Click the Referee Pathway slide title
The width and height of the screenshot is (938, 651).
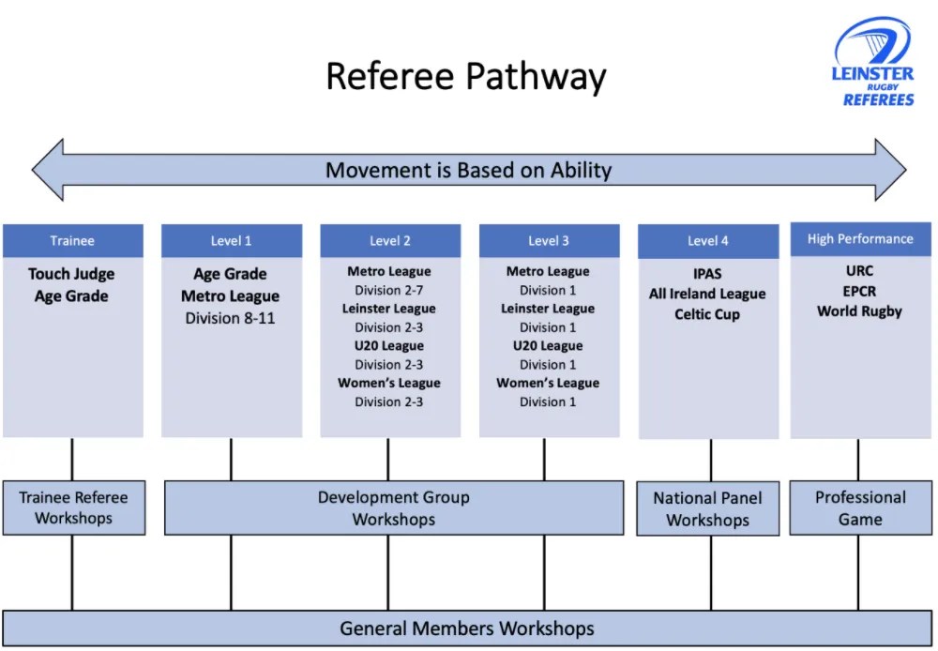click(465, 76)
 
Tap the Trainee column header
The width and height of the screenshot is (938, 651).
click(72, 241)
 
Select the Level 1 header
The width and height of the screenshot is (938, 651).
click(231, 241)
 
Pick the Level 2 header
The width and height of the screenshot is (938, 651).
click(389, 241)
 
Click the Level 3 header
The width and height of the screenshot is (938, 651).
click(548, 241)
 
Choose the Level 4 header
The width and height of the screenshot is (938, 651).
click(707, 241)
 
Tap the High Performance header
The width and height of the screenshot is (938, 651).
click(859, 239)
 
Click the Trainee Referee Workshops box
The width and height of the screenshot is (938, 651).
click(73, 507)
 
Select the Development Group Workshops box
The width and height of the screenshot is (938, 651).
click(393, 507)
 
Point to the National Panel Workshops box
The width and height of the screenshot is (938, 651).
click(707, 508)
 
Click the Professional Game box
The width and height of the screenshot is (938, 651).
click(859, 507)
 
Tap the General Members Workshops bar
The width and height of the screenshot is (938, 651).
click(466, 628)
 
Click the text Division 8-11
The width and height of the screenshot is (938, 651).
click(230, 318)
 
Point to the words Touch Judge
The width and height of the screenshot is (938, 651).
click(71, 274)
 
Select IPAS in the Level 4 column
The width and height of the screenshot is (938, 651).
click(707, 274)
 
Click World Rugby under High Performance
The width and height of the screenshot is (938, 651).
click(859, 311)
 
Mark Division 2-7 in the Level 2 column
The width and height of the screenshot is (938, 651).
click(389, 290)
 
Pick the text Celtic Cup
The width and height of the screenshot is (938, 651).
click(707, 314)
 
